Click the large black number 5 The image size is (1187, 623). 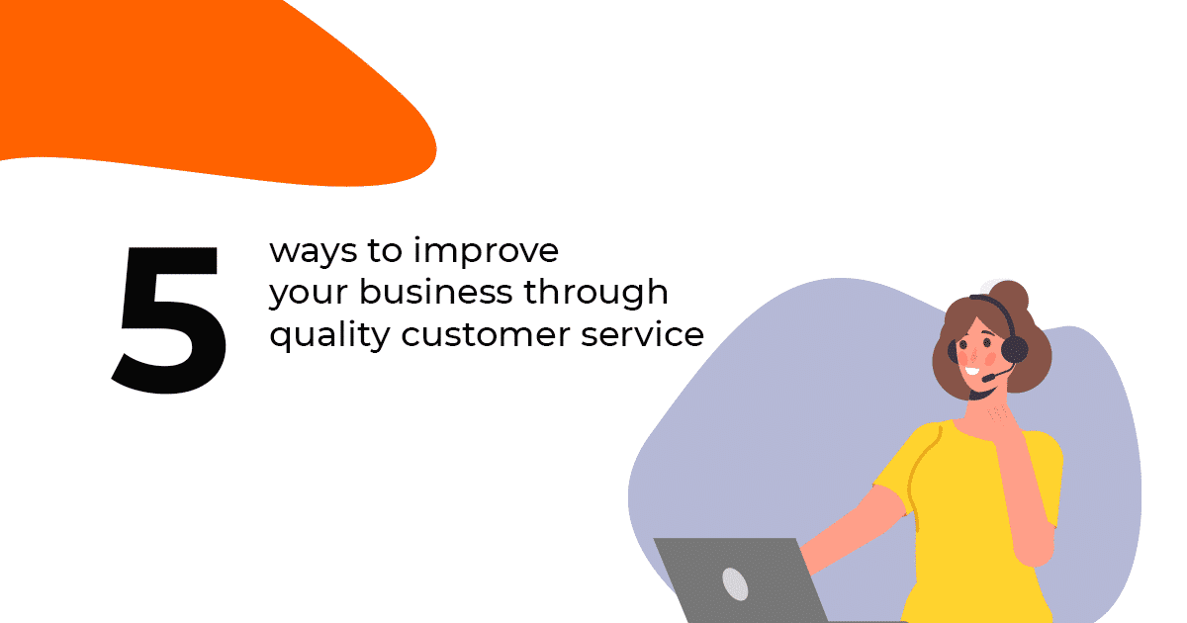coord(169,320)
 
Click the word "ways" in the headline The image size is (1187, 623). coord(314,251)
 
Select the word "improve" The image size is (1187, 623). coord(486,249)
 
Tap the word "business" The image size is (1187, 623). coord(435,291)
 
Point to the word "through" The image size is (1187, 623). coord(596,293)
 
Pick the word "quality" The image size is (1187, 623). coord(329,335)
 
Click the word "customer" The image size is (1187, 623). coord(486,335)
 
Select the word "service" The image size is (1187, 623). coord(642,334)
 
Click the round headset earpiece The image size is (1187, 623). coord(1014,350)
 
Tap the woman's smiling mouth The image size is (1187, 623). coord(972,371)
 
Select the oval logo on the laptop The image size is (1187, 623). coord(735,583)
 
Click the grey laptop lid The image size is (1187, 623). coord(742,580)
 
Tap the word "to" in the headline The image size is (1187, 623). coord(385,250)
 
